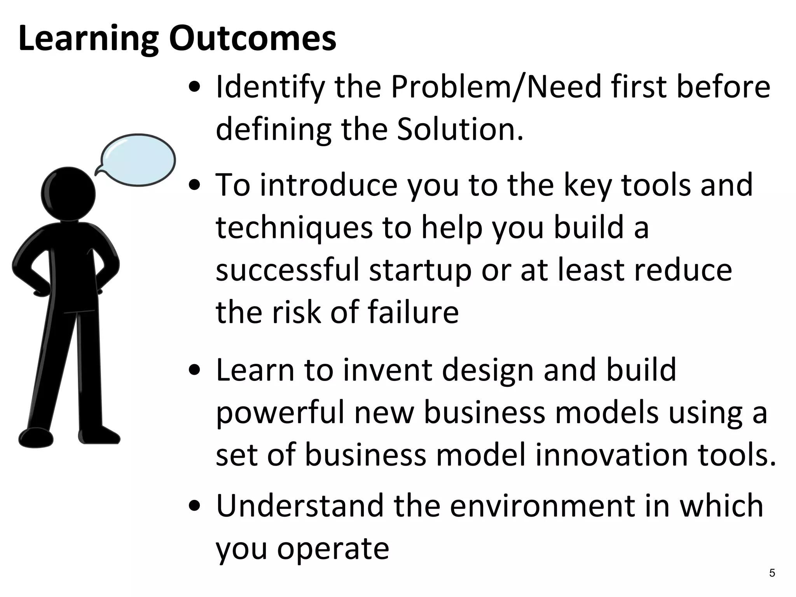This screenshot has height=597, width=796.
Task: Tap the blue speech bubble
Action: [138, 160]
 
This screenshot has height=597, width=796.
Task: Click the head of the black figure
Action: [68, 194]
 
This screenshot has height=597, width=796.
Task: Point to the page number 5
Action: [772, 573]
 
